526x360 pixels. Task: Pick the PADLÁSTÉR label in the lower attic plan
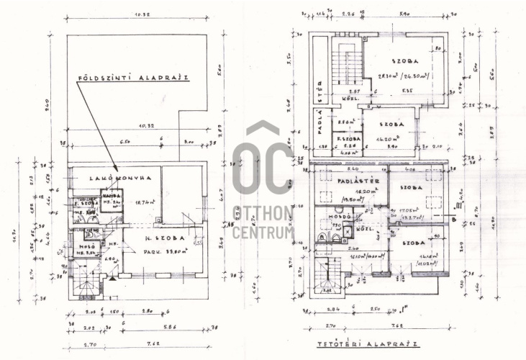(353, 181)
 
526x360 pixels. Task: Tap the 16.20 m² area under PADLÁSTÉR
(350, 192)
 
